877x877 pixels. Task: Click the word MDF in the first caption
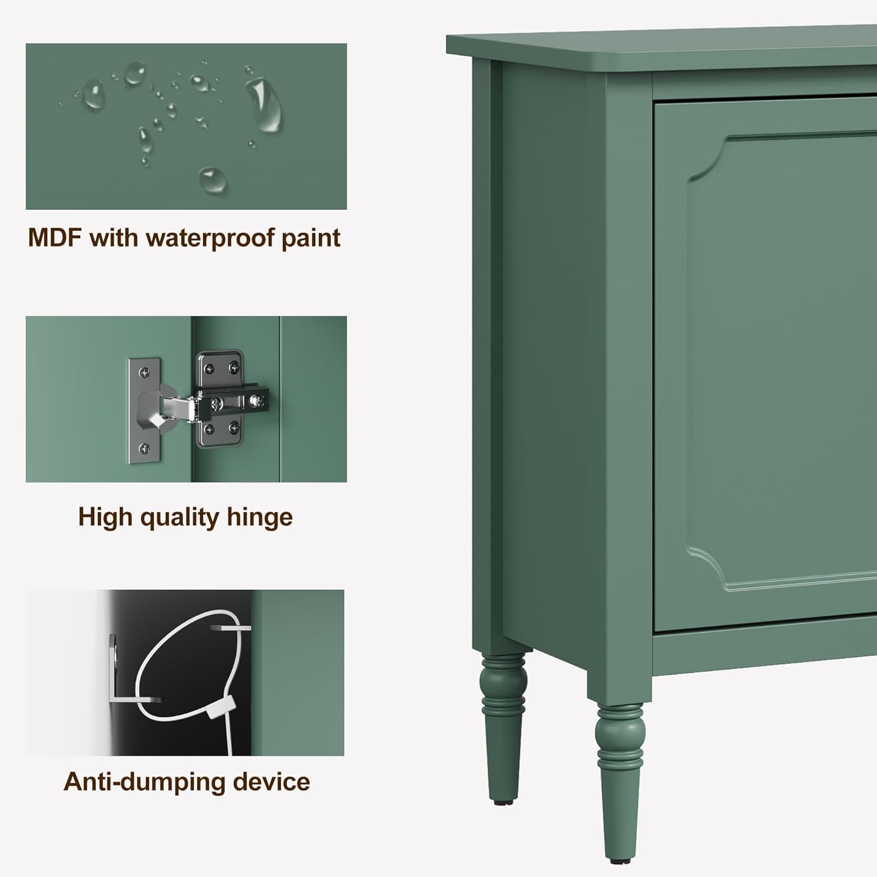[54, 238]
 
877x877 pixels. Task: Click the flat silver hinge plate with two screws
[143, 412]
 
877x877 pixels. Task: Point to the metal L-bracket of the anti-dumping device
[117, 672]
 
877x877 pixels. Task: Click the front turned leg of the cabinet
[620, 772]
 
